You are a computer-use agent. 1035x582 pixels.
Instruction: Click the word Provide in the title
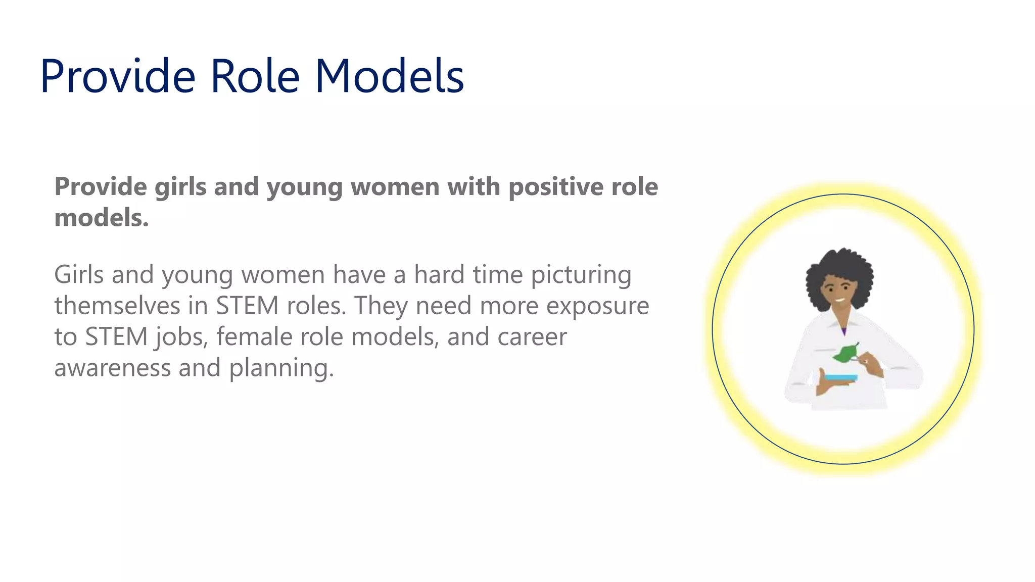click(117, 76)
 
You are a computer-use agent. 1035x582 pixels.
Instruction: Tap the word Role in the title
click(255, 76)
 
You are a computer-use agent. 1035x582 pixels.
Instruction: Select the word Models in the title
click(389, 76)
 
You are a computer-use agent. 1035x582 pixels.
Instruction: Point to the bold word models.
click(101, 218)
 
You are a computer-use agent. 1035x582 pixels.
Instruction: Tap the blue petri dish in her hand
click(841, 377)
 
